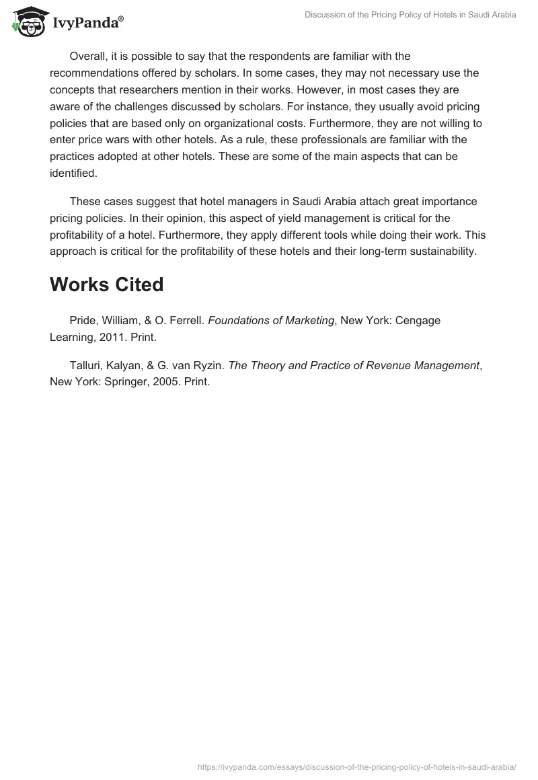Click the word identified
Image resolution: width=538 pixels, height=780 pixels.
(x=73, y=173)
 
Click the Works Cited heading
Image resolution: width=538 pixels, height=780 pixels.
(x=106, y=285)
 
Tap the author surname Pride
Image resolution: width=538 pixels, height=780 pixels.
(x=83, y=321)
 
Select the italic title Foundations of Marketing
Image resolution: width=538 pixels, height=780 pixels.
(x=271, y=321)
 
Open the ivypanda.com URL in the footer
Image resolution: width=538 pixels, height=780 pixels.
(x=356, y=767)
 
